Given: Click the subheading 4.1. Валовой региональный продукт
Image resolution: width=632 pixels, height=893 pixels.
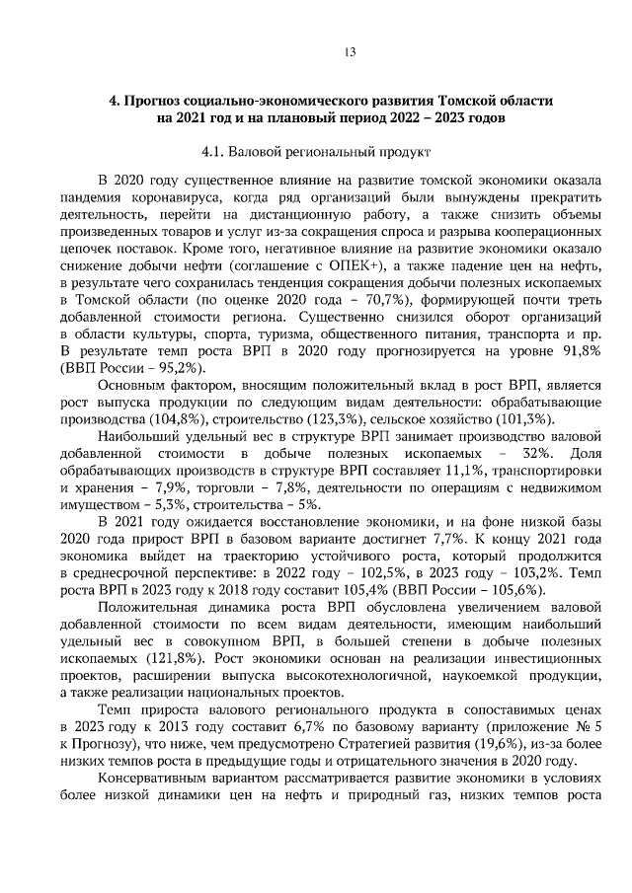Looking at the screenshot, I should coord(315,153).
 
